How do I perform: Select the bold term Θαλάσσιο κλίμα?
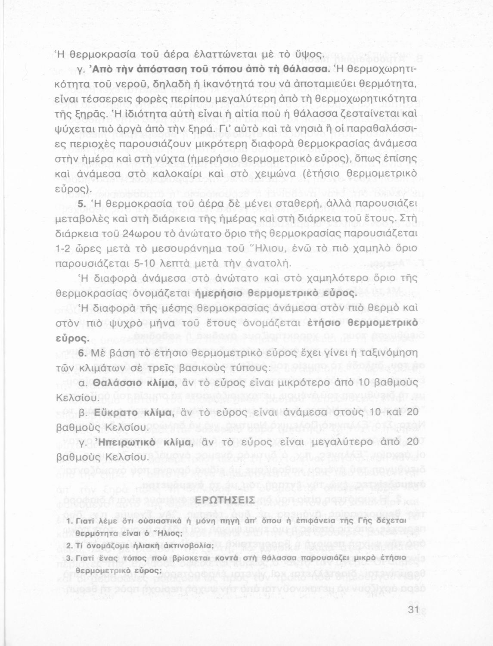tap(134, 382)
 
